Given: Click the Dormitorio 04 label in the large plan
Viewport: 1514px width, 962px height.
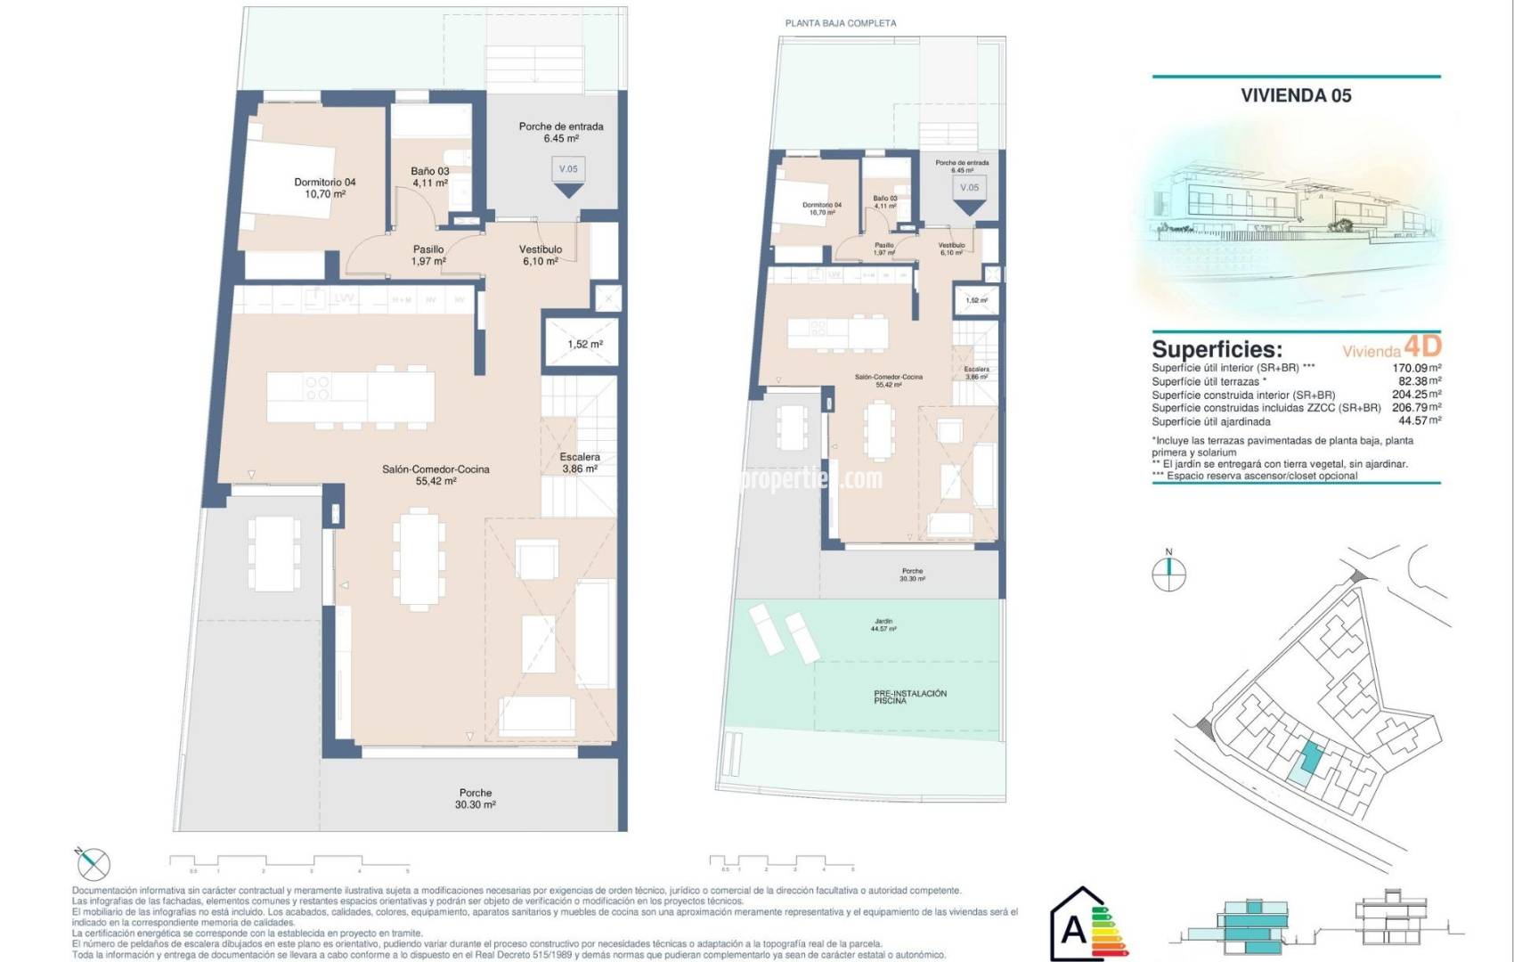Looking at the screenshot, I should click(x=325, y=188).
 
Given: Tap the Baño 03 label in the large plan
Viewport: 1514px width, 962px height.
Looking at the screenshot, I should click(x=429, y=176).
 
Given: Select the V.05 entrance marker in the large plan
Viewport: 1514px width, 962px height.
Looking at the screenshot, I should click(x=568, y=176).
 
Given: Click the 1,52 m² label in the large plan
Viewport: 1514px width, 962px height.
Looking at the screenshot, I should click(x=585, y=344).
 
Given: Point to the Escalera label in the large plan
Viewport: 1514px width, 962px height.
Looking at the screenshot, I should click(x=580, y=462).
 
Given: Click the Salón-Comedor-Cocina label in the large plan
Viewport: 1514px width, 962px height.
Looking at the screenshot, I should click(x=435, y=475).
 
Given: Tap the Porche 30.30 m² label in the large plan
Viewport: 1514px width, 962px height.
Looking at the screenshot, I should click(x=475, y=798).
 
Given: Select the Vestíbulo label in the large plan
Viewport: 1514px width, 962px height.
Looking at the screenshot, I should click(x=541, y=256).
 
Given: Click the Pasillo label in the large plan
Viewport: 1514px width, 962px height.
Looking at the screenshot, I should click(x=428, y=256).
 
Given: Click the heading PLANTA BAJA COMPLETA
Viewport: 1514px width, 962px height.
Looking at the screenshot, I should click(x=840, y=23).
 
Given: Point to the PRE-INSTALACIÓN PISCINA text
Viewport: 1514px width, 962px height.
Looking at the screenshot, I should click(x=909, y=697).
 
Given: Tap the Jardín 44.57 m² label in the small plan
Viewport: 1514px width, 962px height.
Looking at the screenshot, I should click(x=883, y=624).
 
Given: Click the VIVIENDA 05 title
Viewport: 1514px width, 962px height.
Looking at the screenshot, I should click(x=1296, y=95).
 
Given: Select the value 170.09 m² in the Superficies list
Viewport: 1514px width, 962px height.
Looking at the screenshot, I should click(x=1416, y=367).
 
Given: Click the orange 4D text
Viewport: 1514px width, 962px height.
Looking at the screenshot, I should click(x=1422, y=346).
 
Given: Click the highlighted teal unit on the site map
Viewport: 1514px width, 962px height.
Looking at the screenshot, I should click(x=1309, y=758).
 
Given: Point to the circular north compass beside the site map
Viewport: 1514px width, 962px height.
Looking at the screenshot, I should click(x=1168, y=574).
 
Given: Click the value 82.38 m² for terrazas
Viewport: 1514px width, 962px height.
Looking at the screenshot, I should click(x=1420, y=380).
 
